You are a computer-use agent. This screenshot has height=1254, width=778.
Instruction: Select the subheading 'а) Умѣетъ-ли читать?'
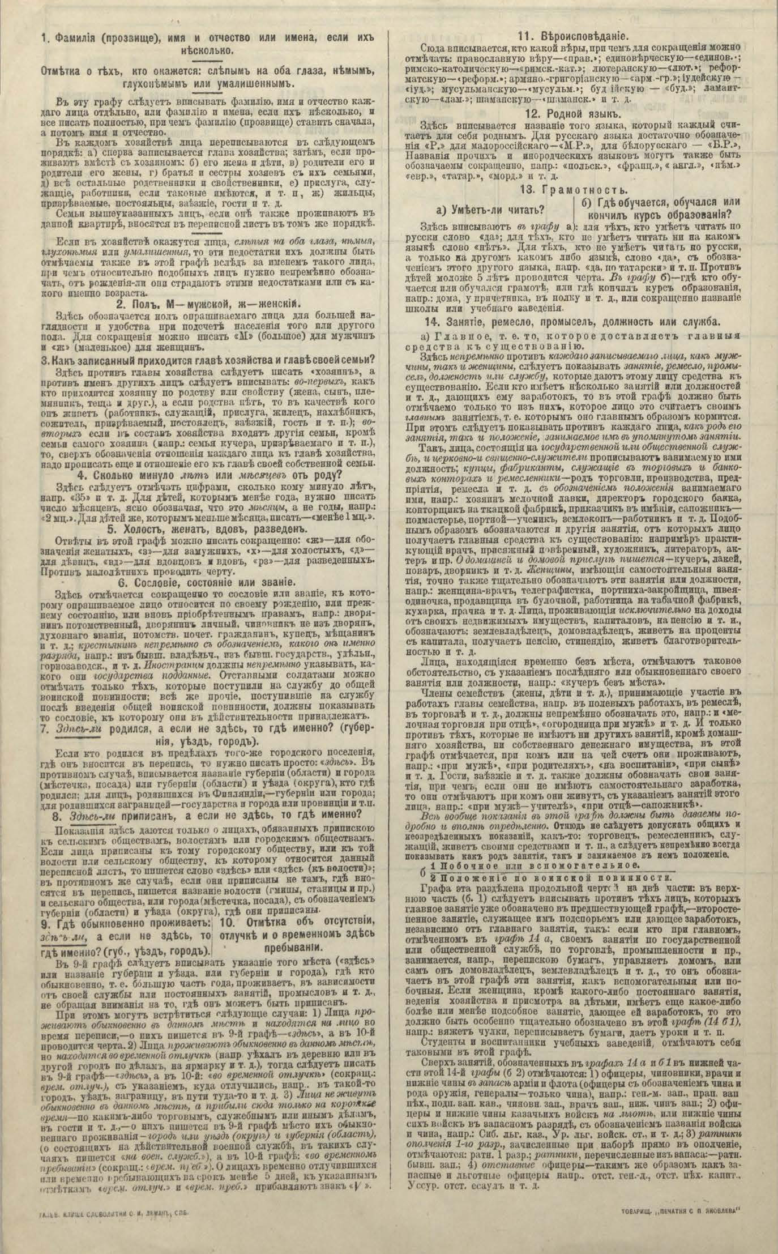(x=498, y=211)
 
